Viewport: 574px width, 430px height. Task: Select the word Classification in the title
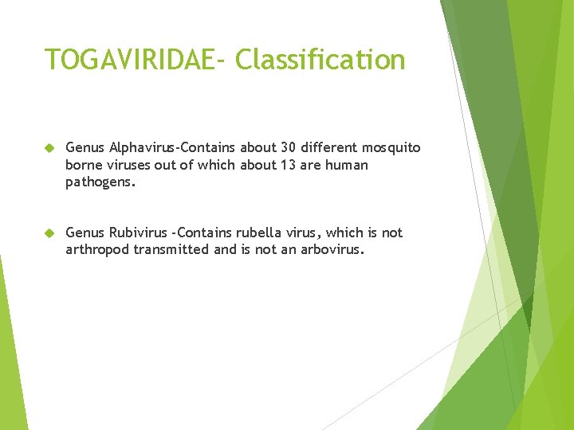(320, 60)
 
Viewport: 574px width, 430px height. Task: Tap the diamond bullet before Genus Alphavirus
(49, 148)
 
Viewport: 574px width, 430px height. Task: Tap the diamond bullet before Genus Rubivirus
(49, 233)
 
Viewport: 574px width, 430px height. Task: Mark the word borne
(84, 165)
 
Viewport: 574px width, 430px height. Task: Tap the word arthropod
(97, 249)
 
